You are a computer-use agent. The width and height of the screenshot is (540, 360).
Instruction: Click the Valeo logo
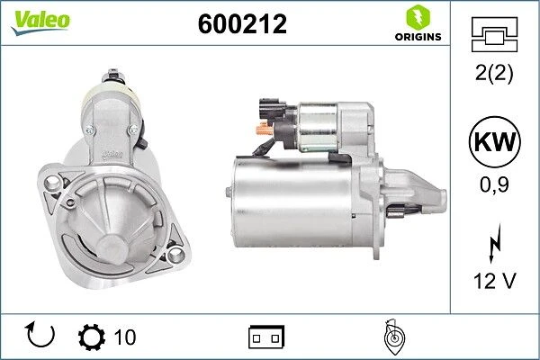(40, 22)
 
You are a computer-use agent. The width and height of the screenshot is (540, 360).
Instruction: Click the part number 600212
(242, 23)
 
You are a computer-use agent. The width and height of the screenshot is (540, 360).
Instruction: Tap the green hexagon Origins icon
(418, 17)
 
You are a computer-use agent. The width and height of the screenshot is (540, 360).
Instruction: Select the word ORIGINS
(418, 37)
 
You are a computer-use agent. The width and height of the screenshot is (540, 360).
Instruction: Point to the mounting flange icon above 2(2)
(494, 34)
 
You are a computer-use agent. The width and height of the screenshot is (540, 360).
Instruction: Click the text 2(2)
(494, 73)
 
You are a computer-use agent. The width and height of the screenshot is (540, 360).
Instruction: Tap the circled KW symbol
(494, 141)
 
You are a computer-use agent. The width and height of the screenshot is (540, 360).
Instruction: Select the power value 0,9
(494, 184)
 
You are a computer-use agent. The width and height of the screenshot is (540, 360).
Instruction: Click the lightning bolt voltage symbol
(495, 243)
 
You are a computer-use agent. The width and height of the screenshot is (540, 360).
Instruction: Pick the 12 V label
(494, 281)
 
